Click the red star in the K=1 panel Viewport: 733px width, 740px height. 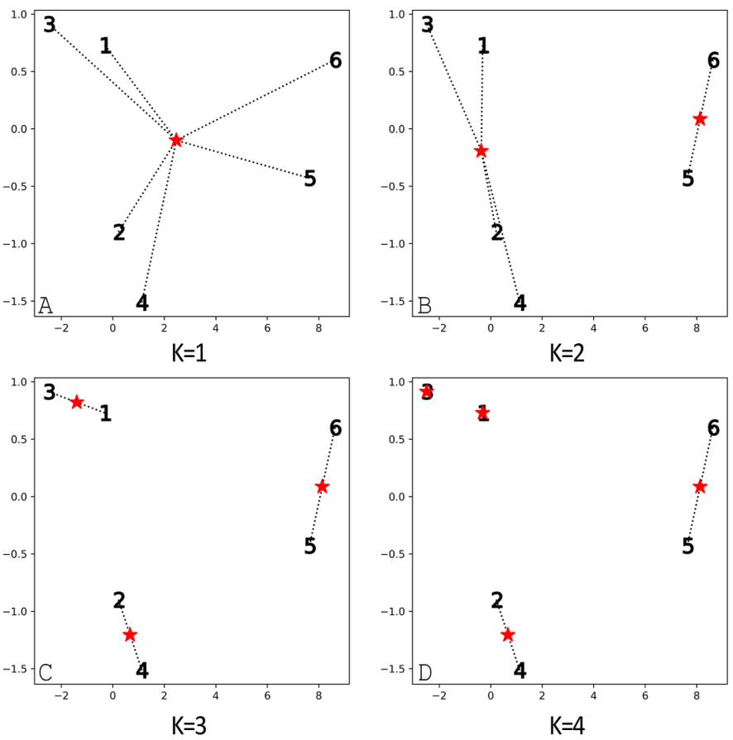click(176, 140)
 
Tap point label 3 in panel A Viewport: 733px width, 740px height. click(50, 25)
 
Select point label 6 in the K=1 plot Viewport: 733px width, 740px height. click(335, 60)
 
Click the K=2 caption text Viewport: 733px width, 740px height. click(568, 354)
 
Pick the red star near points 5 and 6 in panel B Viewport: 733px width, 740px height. click(700, 118)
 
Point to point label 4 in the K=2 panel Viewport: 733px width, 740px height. click(520, 303)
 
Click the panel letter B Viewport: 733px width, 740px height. click(424, 306)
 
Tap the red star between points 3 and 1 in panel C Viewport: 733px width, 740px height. click(77, 402)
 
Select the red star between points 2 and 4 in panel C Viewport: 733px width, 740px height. click(130, 635)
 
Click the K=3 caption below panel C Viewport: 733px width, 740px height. click(189, 725)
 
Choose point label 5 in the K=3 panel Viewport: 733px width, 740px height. click(310, 547)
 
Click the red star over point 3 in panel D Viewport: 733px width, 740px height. click(426, 391)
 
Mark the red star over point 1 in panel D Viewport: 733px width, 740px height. click(483, 413)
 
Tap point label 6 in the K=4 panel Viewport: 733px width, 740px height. click(713, 428)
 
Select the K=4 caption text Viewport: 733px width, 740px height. click(568, 725)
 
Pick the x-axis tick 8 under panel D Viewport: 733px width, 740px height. click(696, 696)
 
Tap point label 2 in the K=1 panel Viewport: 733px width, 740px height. click(119, 233)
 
